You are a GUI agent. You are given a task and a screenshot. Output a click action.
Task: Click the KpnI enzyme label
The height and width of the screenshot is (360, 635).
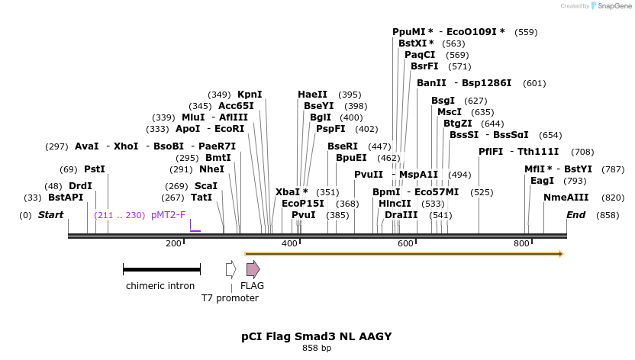250,95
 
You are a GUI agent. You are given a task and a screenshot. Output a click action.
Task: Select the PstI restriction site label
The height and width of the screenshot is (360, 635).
95,169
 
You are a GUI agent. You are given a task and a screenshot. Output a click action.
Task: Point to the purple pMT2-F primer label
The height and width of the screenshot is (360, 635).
168,215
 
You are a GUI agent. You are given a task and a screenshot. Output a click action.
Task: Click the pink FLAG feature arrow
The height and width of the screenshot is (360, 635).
253,269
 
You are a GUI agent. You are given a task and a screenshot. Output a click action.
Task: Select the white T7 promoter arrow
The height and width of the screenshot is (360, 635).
230,269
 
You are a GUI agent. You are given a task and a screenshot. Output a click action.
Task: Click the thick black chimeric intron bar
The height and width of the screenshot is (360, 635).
161,269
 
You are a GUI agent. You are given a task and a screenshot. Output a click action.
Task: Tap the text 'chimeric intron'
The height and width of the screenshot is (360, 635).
160,286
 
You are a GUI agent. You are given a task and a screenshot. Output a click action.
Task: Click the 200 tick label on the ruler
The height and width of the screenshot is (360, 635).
173,243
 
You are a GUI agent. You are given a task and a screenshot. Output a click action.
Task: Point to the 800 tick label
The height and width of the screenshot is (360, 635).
521,243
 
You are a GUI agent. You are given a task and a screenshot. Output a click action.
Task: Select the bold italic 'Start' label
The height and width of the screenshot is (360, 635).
50,215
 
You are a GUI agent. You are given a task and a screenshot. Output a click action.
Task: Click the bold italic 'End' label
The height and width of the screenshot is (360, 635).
575,215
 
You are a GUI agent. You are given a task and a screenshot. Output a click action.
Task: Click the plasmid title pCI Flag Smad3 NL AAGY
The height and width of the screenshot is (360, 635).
317,336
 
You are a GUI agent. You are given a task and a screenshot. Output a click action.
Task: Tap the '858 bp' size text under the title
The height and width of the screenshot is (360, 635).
317,349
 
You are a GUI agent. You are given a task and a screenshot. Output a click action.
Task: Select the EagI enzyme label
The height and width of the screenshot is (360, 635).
542,181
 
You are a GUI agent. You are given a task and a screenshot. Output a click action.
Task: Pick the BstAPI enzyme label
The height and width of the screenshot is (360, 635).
65,198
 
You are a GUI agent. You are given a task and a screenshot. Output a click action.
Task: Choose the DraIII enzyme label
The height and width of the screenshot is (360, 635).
401,215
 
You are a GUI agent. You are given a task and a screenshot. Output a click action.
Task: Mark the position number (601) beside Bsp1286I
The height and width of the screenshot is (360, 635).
534,83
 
